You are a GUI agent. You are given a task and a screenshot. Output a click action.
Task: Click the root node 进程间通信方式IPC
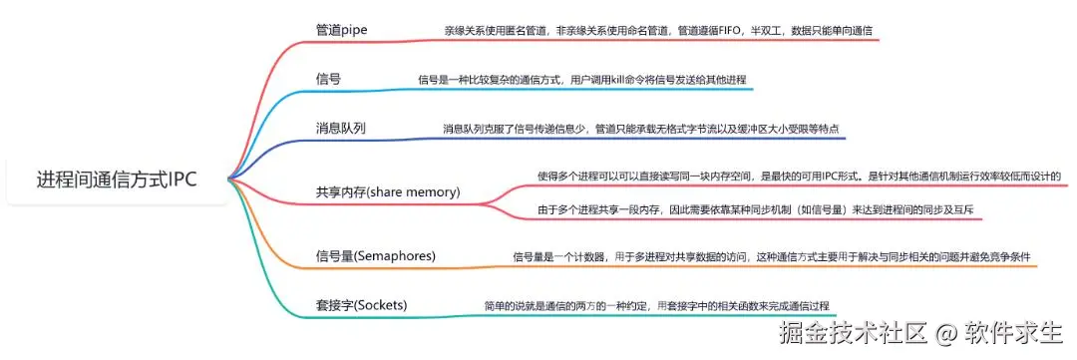click(x=117, y=180)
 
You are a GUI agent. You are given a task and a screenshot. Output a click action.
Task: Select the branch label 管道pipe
click(x=341, y=31)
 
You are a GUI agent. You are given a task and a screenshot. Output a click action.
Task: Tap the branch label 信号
click(x=328, y=79)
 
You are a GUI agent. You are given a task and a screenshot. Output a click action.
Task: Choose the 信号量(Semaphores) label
click(x=376, y=256)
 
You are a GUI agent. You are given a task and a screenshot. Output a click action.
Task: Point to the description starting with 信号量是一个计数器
click(x=772, y=257)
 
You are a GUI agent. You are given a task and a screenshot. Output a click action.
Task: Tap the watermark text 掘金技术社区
click(x=853, y=334)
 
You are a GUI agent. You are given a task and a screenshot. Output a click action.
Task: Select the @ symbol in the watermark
click(x=945, y=335)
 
